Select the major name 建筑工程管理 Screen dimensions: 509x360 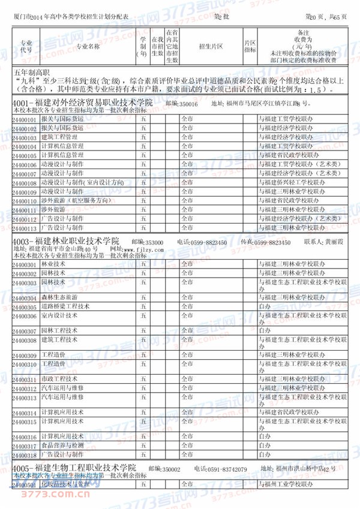click(63, 137)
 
